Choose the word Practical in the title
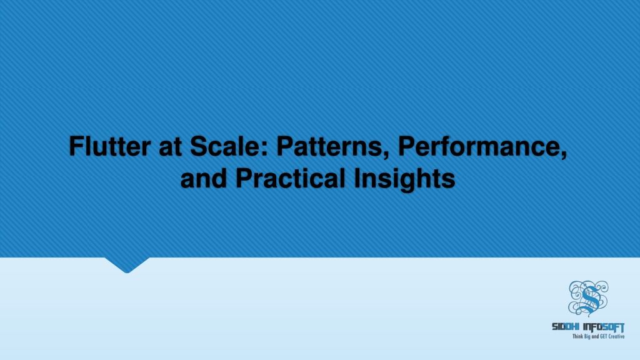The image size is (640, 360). (288, 179)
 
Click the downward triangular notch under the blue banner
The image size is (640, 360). (126, 264)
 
